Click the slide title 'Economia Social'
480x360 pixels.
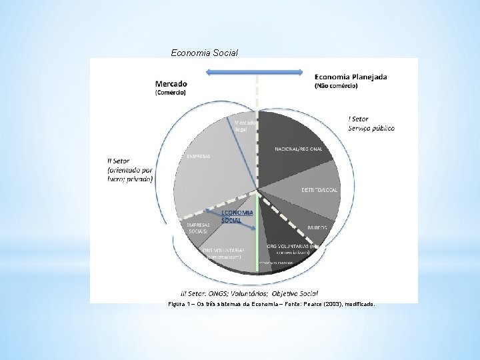tap(205, 52)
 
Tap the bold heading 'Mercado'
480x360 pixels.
tap(171, 83)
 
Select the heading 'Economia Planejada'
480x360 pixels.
tap(350, 77)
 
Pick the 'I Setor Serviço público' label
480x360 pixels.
tap(371, 123)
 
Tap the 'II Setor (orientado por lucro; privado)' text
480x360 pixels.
tap(130, 169)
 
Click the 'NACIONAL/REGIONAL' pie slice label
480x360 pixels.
tap(298, 149)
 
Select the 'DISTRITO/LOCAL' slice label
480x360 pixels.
tap(319, 190)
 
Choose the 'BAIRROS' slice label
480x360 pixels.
tap(317, 227)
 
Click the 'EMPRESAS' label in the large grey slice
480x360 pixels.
tap(198, 157)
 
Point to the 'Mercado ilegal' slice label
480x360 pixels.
tap(241, 125)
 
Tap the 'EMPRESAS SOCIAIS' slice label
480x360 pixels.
tap(199, 228)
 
